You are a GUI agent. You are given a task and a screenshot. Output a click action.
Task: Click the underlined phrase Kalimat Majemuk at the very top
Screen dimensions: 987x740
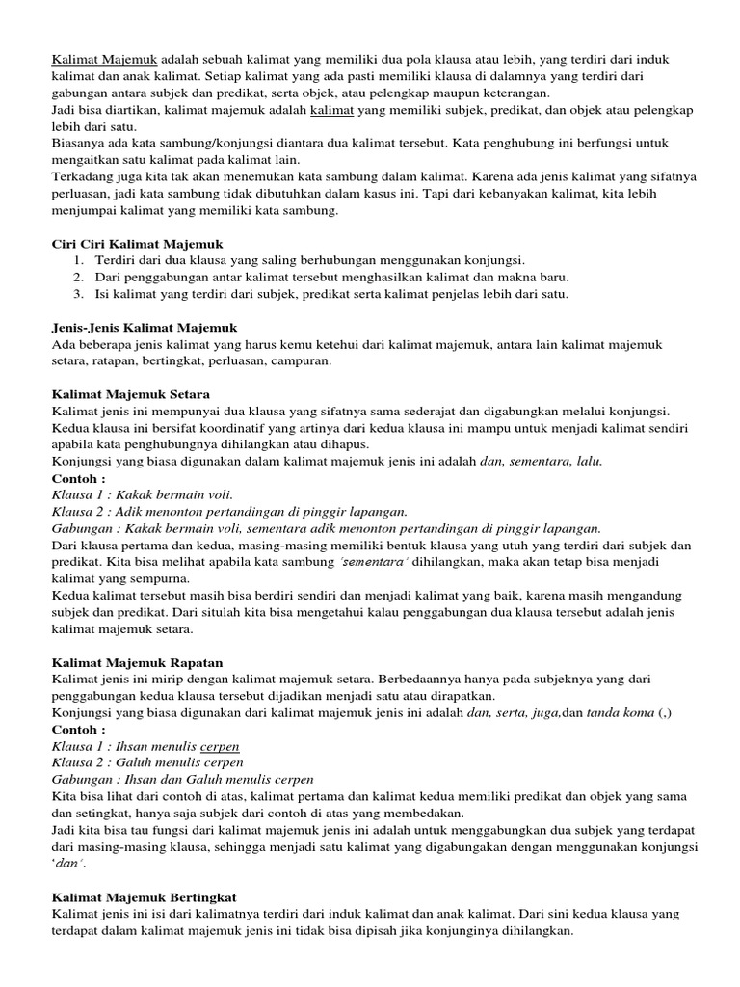point(105,60)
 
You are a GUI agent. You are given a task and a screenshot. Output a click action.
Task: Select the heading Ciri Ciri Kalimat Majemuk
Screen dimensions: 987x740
point(138,244)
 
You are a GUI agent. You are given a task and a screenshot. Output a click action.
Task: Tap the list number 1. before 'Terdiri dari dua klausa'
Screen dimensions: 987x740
point(78,260)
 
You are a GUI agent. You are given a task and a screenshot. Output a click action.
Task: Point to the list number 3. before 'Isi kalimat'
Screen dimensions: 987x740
point(78,294)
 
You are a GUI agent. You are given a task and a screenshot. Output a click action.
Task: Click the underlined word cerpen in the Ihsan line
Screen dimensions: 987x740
point(220,746)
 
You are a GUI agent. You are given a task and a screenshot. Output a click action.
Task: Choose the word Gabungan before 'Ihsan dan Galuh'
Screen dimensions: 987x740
point(81,780)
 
